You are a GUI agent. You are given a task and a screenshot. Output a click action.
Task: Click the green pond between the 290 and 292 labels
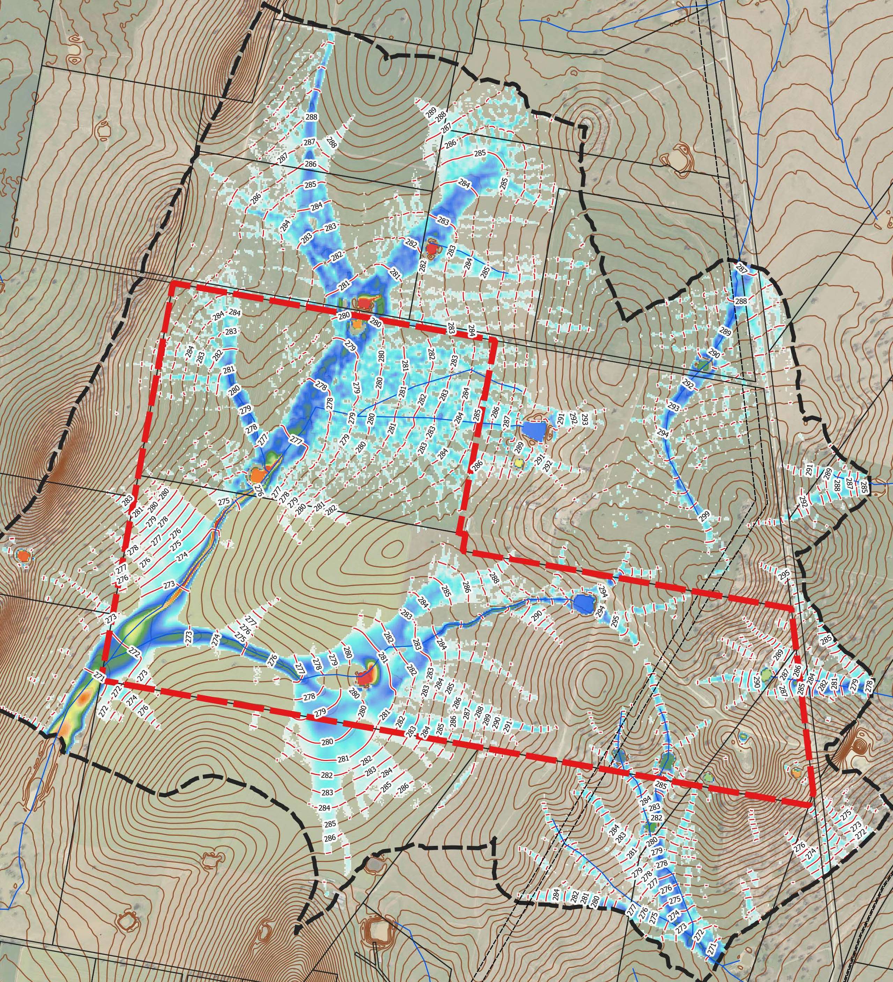coord(702,363)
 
